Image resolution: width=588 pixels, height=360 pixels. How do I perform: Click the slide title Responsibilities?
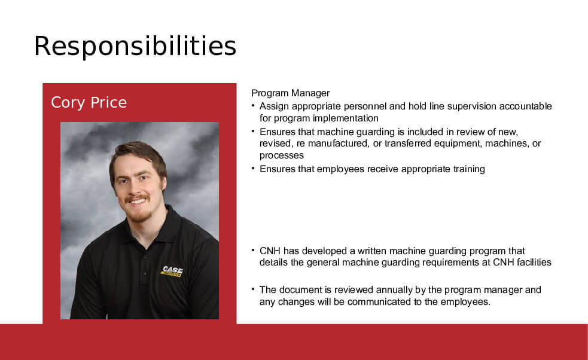[135, 47]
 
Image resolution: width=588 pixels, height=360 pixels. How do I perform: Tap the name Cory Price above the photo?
[89, 103]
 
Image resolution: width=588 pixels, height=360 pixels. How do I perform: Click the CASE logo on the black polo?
[172, 271]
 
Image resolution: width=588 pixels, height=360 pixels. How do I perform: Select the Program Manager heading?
[290, 93]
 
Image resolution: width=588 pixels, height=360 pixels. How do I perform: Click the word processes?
[281, 155]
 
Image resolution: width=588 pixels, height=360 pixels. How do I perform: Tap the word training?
[469, 169]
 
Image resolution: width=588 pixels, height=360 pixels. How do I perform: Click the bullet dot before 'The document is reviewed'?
[253, 288]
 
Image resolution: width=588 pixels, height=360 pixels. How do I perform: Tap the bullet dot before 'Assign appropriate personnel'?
[253, 105]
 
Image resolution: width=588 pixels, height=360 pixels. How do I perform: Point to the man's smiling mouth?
[138, 201]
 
